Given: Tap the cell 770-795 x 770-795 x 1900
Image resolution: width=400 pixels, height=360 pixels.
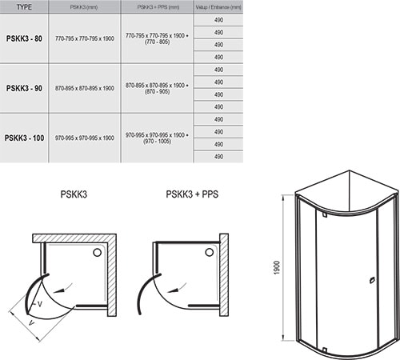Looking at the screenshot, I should [83, 38].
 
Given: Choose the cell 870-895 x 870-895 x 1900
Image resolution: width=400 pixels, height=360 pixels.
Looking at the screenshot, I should [83, 88].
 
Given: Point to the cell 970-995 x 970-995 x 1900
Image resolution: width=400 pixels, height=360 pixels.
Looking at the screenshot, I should [83, 138].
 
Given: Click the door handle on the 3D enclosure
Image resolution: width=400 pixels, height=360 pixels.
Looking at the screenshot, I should [370, 280].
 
